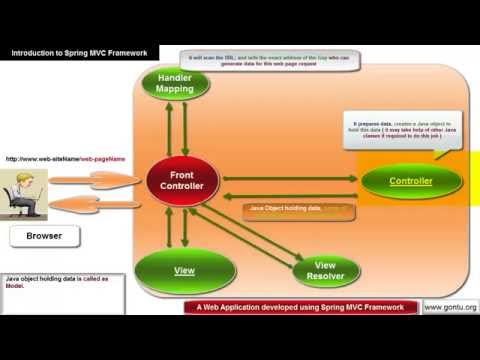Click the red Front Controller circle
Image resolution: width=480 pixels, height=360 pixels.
pos(182,182)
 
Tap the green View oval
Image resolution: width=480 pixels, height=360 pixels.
pos(184,270)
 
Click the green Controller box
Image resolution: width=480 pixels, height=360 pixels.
pos(411,181)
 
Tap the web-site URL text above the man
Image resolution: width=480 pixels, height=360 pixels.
pos(65,158)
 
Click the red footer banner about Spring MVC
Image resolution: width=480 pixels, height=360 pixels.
pos(301,307)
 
